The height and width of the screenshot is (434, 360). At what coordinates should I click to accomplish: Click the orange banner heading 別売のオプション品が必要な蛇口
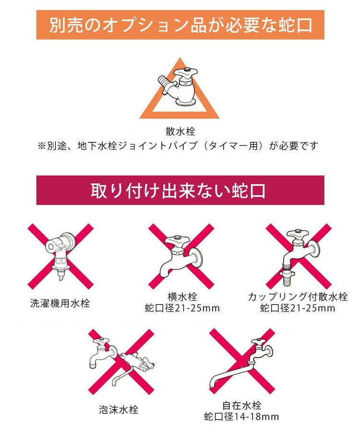180,25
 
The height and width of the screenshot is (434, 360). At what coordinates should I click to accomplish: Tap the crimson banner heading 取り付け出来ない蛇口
180,190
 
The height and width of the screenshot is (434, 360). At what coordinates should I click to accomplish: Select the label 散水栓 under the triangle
180,131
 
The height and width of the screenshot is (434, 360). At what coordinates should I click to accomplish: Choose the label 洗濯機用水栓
60,303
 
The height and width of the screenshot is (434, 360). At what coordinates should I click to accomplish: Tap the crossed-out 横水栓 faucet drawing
180,257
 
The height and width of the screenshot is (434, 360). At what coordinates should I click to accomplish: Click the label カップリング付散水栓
298,297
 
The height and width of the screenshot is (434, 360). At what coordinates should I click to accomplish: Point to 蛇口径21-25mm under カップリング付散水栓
298,308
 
